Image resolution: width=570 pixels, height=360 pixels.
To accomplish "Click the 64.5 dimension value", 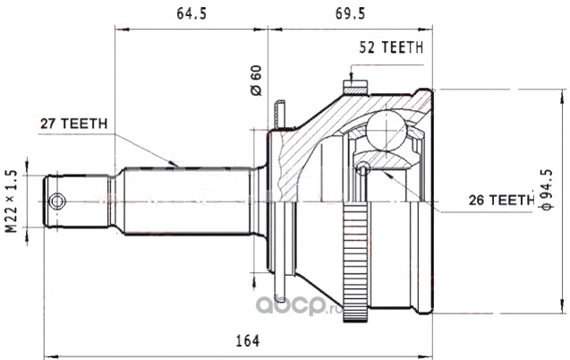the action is tap(191, 13).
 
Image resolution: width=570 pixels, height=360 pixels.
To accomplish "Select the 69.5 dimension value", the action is tap(350, 13).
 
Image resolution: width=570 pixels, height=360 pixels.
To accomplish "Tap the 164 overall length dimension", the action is tap(248, 341).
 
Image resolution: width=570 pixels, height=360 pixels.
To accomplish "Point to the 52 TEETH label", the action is tap(392, 47).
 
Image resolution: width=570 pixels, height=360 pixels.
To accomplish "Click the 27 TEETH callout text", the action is tap(73, 124).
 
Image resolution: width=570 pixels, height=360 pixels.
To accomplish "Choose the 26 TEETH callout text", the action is tap(501, 200).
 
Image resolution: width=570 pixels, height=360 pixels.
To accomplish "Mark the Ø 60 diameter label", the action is tap(256, 80).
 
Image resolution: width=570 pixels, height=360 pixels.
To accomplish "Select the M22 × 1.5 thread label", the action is tap(12, 201).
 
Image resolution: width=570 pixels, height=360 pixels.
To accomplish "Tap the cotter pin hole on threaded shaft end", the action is tap(57, 201).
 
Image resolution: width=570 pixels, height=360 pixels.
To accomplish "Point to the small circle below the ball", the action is tap(362, 168).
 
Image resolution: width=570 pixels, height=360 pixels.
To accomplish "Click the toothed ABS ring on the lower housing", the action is tap(355, 262).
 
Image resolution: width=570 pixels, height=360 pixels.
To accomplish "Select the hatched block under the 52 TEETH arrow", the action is tap(355, 87).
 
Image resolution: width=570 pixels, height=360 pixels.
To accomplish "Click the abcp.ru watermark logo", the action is tap(299, 305).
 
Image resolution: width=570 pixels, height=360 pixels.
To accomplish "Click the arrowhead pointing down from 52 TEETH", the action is tap(351, 77).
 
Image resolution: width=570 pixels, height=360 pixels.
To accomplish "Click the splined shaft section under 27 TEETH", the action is tap(187, 201).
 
